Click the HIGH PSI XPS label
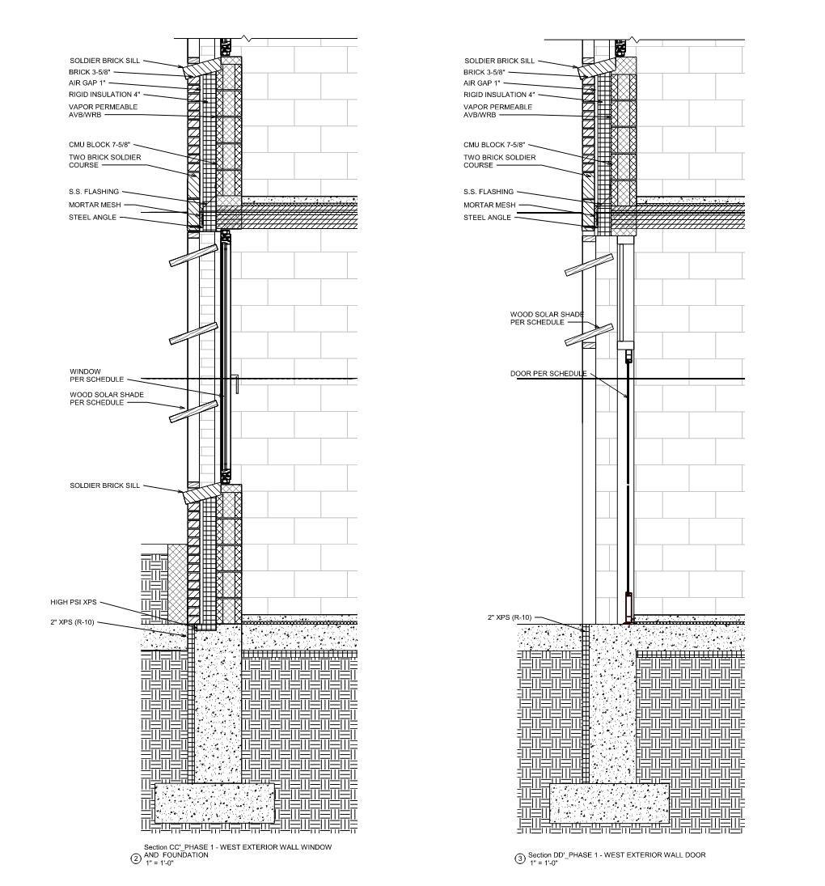[x=73, y=602]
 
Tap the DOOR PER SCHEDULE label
[x=548, y=374]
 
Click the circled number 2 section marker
[x=136, y=859]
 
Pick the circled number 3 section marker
[x=520, y=859]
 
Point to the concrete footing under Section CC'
[x=214, y=803]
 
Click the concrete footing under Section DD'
[x=609, y=803]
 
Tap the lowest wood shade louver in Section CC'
[x=193, y=411]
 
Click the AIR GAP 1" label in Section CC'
[x=87, y=83]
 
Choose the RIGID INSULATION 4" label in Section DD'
[x=499, y=95]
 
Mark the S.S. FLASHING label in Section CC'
[x=94, y=192]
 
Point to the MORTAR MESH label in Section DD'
[x=489, y=205]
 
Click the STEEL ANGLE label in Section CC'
[x=93, y=217]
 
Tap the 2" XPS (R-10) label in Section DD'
[x=510, y=618]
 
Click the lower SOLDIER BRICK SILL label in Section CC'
[x=104, y=485]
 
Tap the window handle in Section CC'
[x=235, y=384]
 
